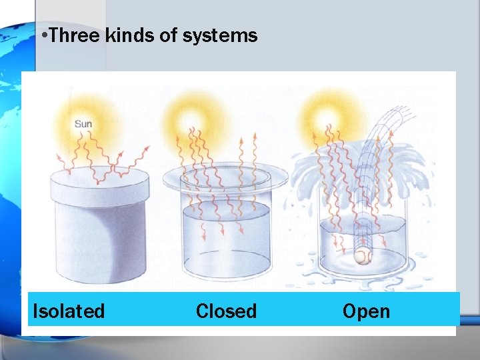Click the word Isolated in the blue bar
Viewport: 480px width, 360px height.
pyautogui.click(x=69, y=311)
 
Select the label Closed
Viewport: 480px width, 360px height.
pyautogui.click(x=226, y=311)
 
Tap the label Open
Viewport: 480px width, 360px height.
pyautogui.click(x=366, y=311)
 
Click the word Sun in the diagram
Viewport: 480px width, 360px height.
pyautogui.click(x=83, y=123)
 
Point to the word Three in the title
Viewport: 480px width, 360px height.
pyautogui.click(x=75, y=35)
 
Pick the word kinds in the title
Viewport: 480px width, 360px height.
pyautogui.click(x=130, y=35)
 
